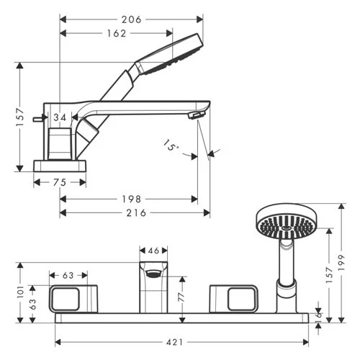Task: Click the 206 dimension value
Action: tap(131, 19)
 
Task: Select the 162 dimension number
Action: tap(117, 33)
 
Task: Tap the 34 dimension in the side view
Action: tap(60, 117)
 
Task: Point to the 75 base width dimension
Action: tap(60, 182)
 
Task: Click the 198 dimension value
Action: tap(131, 199)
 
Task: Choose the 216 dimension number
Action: tap(136, 213)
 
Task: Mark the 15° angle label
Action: tap(171, 145)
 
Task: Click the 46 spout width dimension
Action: tap(153, 251)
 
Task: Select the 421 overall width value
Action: tap(174, 342)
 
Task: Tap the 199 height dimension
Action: tap(341, 263)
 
